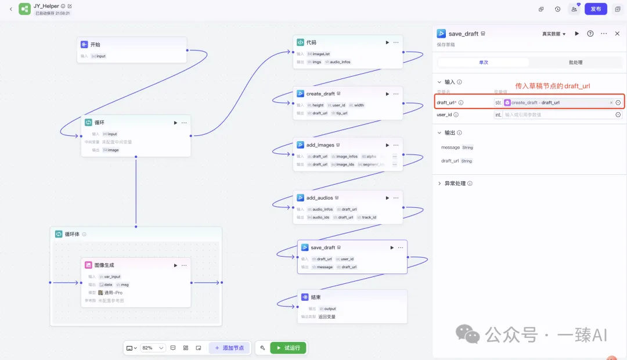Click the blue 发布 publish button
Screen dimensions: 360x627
[596, 9]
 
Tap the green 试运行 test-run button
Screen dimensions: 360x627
[288, 348]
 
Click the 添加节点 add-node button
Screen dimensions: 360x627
[229, 348]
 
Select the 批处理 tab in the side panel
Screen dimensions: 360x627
[575, 62]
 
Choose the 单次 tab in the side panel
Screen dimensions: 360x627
[483, 62]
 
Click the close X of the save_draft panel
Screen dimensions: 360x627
[617, 34]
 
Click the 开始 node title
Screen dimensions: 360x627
[95, 44]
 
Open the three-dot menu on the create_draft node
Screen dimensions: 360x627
[396, 93]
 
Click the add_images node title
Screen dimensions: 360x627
[320, 145]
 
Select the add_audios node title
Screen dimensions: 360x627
[319, 198]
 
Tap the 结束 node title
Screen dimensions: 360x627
[317, 297]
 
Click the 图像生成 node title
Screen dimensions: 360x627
[104, 265]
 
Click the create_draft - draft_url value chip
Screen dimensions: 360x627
[535, 103]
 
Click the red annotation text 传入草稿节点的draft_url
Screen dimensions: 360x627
[553, 86]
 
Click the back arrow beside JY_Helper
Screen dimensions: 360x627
[10, 9]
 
